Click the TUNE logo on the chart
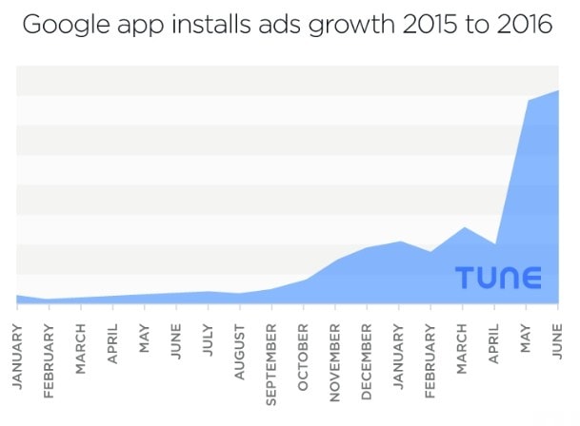tap(498, 278)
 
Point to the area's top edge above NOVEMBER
tap(335, 260)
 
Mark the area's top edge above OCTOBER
tap(304, 280)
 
